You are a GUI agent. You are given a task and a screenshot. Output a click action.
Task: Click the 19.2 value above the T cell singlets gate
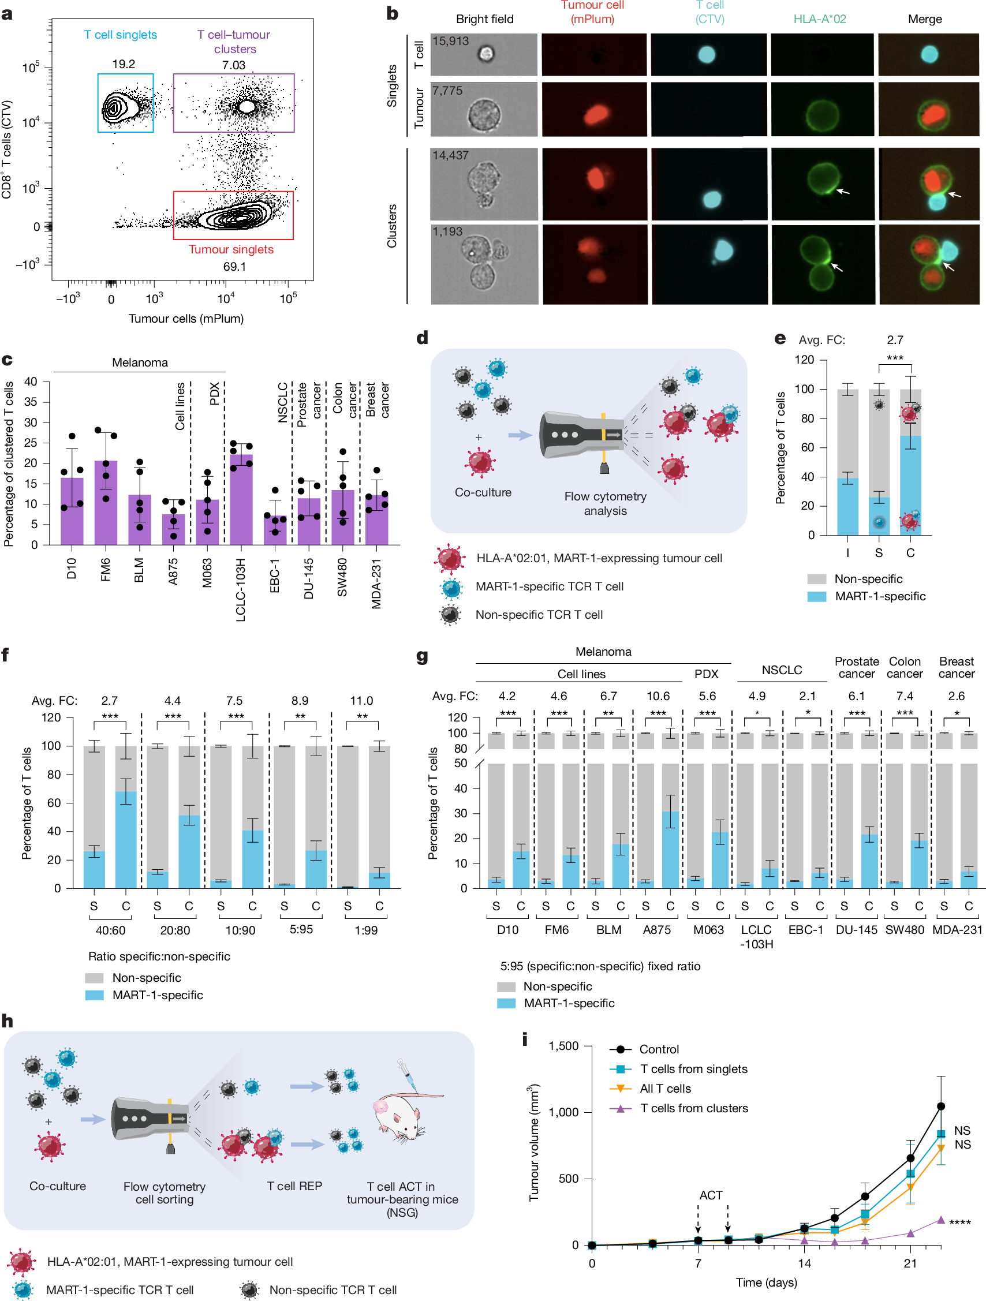pos(124,64)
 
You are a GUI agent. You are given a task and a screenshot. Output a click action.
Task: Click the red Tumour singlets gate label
pos(231,249)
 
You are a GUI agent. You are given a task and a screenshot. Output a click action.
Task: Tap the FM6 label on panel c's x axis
pos(105,569)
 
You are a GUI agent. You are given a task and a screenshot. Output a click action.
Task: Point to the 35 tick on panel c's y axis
pos(31,402)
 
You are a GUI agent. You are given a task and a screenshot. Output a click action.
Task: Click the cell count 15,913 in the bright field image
pos(451,41)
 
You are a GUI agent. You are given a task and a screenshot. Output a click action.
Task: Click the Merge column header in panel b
pos(924,19)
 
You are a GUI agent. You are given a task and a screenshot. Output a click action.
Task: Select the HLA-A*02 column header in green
pos(819,19)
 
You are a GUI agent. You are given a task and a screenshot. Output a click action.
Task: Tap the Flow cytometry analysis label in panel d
pos(605,503)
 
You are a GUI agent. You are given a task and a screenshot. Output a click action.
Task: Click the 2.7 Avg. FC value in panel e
pos(894,340)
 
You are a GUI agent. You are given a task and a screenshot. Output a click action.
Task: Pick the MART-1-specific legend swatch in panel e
pos(817,596)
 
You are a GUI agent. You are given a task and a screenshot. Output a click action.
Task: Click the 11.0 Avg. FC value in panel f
pos(361,701)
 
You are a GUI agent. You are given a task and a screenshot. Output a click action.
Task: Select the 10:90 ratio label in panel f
pos(240,930)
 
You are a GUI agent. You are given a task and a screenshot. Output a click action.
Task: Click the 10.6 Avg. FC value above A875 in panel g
pos(658,696)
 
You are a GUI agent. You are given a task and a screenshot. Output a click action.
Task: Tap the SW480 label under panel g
pos(904,930)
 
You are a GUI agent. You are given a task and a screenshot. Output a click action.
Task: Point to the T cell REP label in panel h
pos(294,1186)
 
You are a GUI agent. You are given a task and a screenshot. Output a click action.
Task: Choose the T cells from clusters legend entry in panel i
pos(694,1108)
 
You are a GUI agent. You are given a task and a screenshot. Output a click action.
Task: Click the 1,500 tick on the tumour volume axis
pos(563,1046)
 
